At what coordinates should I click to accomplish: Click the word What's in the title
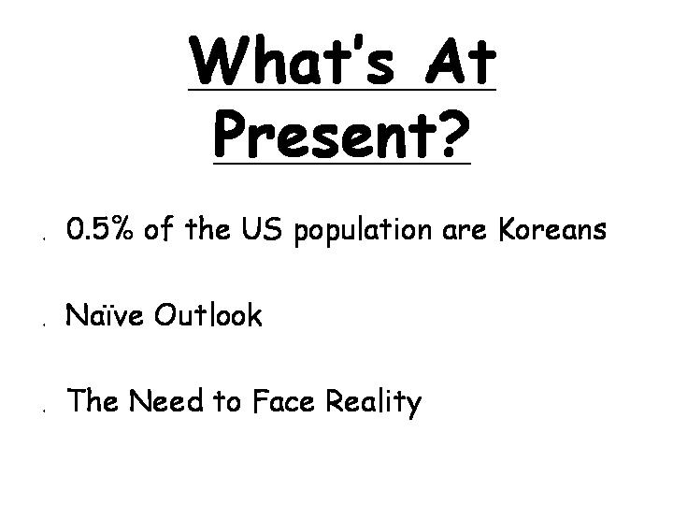click(291, 60)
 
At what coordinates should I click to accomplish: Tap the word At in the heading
click(461, 61)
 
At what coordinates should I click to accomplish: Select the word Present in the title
click(324, 134)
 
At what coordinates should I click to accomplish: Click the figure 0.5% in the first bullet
click(100, 228)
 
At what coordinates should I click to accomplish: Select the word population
click(363, 231)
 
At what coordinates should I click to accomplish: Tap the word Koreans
click(552, 228)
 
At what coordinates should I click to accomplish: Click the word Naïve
click(104, 314)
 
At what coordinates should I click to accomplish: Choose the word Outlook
click(208, 314)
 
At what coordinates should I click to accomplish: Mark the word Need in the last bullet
click(165, 400)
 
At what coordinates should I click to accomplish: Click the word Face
click(283, 400)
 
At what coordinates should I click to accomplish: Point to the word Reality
click(373, 403)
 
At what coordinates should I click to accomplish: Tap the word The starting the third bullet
click(93, 400)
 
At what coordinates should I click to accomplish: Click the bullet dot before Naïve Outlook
click(44, 325)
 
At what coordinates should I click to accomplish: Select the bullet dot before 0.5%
click(44, 238)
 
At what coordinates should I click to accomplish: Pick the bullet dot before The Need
click(44, 411)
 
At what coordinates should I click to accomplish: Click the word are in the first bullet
click(465, 231)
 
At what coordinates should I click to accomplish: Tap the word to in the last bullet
click(227, 401)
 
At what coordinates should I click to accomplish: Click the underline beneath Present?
click(342, 163)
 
